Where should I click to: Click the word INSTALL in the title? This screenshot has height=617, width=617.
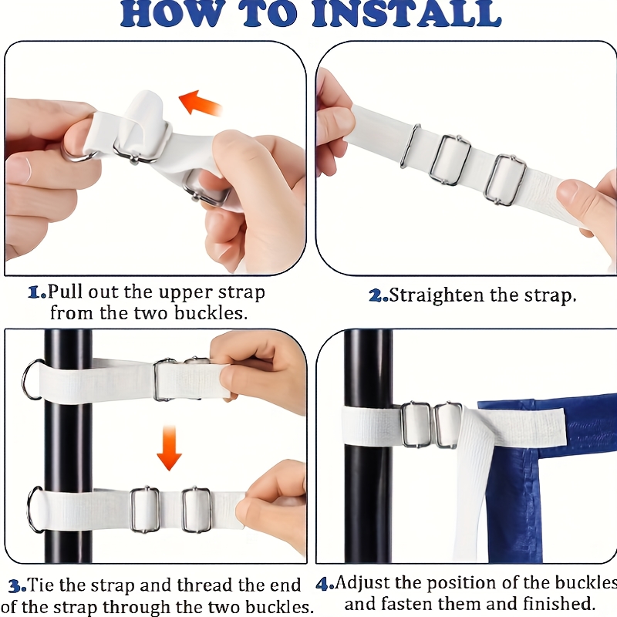click(x=406, y=14)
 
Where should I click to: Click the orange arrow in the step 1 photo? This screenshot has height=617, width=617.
click(x=201, y=103)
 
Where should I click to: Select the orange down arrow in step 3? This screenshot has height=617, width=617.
click(x=169, y=448)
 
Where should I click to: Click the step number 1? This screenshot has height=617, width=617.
click(x=37, y=292)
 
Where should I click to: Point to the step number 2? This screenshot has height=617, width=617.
click(x=378, y=295)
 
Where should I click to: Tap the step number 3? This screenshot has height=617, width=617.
click(x=17, y=586)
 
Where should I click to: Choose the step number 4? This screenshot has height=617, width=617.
click(x=325, y=584)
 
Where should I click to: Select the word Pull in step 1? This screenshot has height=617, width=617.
click(x=66, y=292)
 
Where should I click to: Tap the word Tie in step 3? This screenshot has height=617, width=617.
click(x=42, y=585)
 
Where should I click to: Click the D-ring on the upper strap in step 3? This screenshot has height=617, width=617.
click(x=29, y=379)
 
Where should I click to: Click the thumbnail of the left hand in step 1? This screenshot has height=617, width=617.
click(x=18, y=168)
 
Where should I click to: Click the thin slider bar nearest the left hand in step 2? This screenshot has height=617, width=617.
click(x=410, y=146)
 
